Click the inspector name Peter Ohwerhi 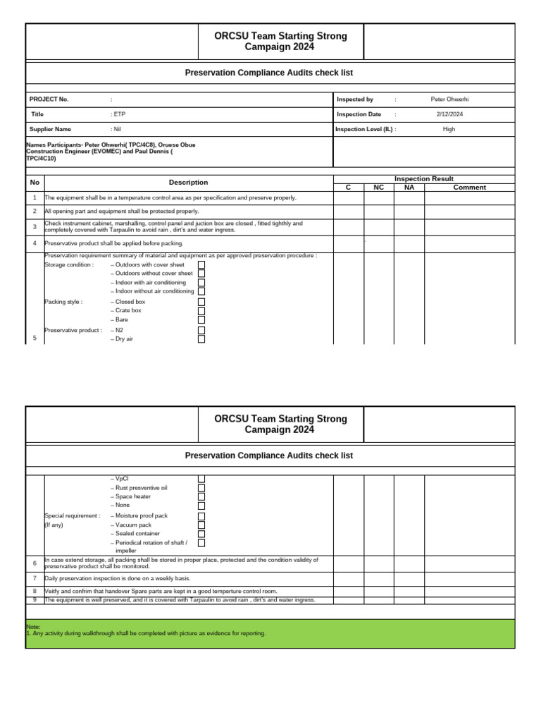click(449, 99)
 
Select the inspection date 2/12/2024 click(449, 114)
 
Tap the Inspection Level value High click(449, 129)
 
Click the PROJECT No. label click(49, 99)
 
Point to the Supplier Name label click(50, 129)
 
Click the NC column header click(378, 188)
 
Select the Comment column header click(469, 188)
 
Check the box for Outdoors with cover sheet click(201, 265)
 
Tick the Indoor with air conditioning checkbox click(201, 283)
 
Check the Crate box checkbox click(201, 311)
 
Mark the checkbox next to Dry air click(201, 339)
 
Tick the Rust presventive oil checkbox click(201, 488)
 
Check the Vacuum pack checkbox click(201, 525)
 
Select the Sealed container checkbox click(201, 534)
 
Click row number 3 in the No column click(35, 227)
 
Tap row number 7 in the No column click(35, 578)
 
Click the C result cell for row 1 click(348, 198)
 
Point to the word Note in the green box click(33, 626)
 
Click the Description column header click(188, 183)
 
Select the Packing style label click(63, 302)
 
